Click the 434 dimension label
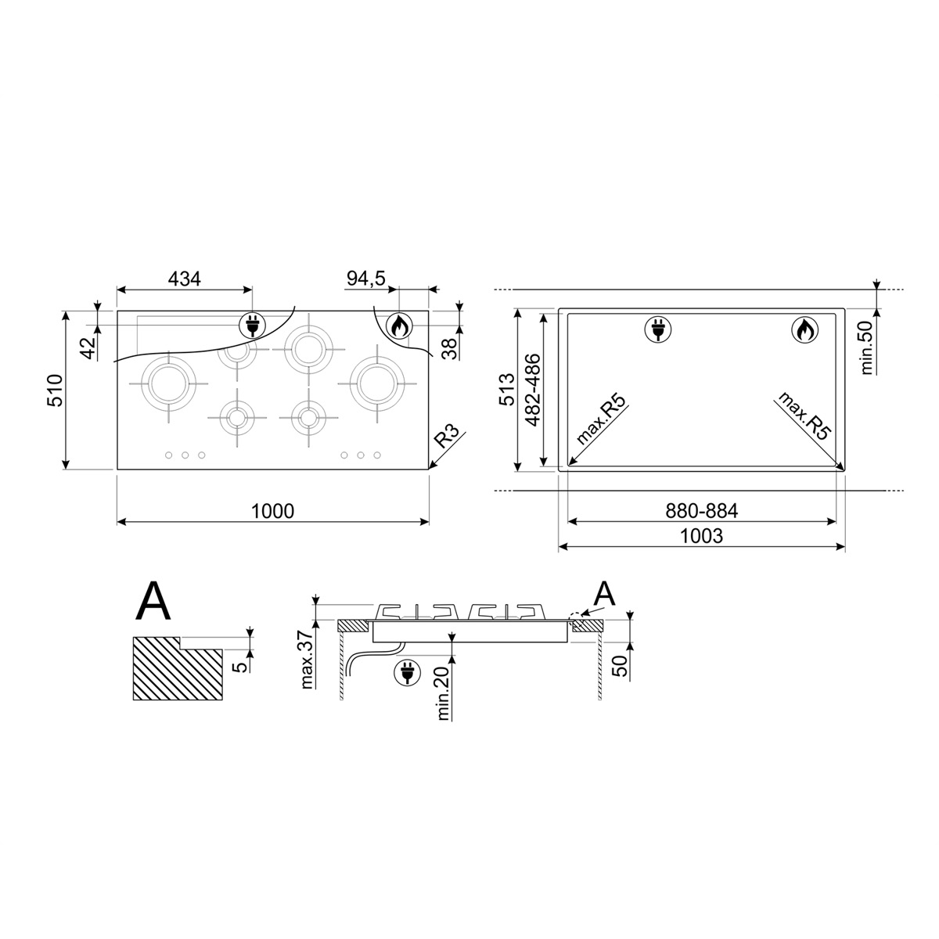point(184,279)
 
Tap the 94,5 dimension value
point(366,279)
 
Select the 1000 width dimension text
point(272,511)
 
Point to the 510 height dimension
point(55,390)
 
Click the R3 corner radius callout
point(446,436)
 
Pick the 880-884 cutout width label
point(702,511)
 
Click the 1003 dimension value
point(701,536)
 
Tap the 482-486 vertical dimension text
point(534,390)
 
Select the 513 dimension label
point(507,390)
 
